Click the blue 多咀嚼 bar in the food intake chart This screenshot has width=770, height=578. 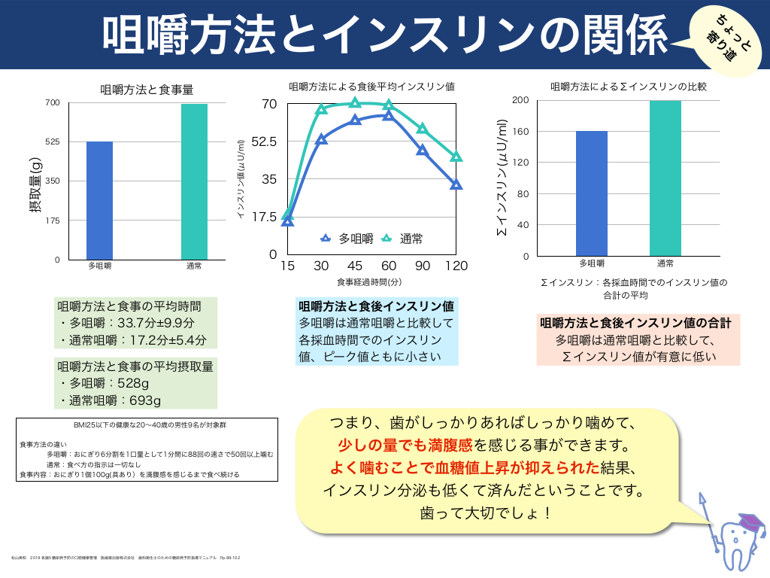pos(99,200)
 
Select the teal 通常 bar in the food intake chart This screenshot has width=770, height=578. pos(194,181)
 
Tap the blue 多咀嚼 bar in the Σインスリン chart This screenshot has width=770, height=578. pos(591,193)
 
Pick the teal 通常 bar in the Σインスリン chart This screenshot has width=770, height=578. pos(665,178)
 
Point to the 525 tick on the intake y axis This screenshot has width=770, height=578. pos(52,142)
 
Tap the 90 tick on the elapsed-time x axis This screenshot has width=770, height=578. pos(422,266)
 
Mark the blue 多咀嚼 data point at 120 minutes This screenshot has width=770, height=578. pos(456,184)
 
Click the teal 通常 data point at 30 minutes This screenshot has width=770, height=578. pos(321,109)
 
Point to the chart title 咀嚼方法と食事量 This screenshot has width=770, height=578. pos(147,89)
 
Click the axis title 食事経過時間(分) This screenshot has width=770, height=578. pos(371,282)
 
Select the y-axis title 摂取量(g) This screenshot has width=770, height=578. pos(35,184)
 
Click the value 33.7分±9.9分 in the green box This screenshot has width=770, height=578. pos(161,323)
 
